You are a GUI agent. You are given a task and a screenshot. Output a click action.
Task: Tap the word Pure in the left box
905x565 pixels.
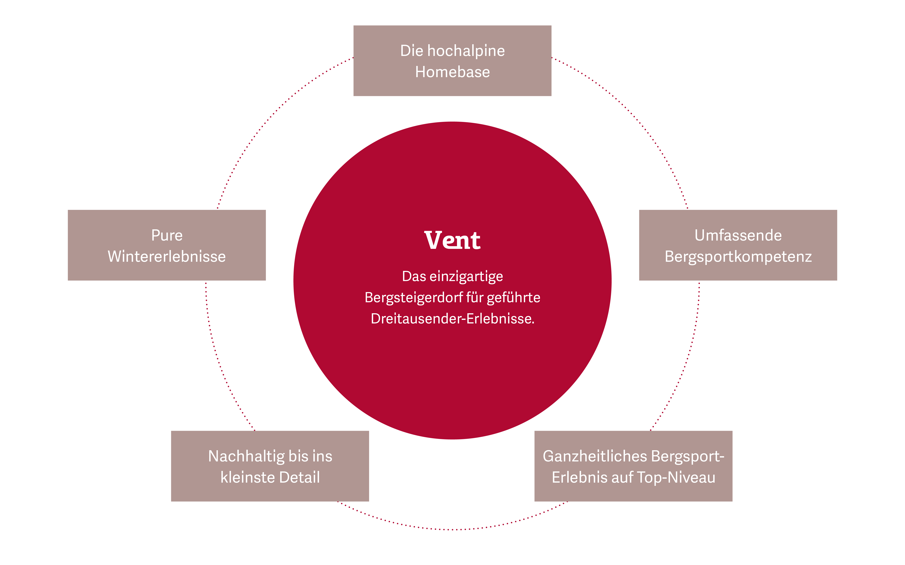pos(167,235)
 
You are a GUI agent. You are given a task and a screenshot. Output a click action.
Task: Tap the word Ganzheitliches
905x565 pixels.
pos(595,456)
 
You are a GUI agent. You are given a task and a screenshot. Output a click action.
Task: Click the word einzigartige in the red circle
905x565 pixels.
pos(466,276)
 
